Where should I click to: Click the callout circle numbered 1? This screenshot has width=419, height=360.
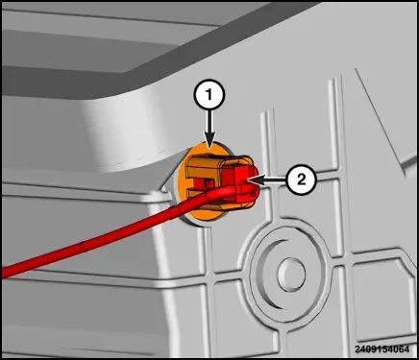(x=209, y=95)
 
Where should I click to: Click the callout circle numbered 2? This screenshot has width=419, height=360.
(x=301, y=180)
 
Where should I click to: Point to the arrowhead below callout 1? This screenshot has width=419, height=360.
(x=209, y=142)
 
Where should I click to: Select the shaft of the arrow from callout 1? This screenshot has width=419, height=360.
(x=209, y=122)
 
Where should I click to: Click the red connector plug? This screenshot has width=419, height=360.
(x=243, y=181)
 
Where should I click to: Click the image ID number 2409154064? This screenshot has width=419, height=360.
(x=382, y=348)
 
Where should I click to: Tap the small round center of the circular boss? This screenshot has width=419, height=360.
(x=291, y=274)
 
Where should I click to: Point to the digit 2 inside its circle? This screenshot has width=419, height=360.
(x=301, y=180)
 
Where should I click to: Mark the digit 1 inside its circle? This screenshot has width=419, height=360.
(x=209, y=95)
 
